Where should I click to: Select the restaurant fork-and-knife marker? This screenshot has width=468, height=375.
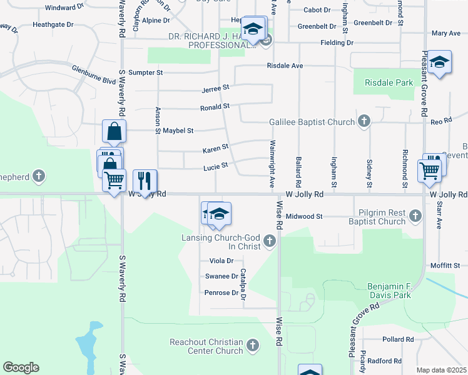coord(145,181)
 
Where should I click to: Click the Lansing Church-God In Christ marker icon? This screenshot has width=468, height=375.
coord(270,241)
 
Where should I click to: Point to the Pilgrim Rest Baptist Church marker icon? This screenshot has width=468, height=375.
coord(415,217)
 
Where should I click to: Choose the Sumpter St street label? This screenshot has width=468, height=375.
coord(146,73)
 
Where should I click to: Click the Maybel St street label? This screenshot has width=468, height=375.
coord(178,131)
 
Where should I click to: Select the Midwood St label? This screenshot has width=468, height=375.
coord(303,216)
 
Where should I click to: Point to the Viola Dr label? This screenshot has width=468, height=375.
coord(221,261)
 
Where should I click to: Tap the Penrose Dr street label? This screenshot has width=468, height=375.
coord(221,292)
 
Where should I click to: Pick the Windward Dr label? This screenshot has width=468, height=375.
coord(64,8)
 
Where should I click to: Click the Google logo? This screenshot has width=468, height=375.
coord(21,367)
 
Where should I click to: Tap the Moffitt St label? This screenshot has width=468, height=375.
coord(445,266)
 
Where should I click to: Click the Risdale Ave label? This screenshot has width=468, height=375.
coord(285,65)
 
